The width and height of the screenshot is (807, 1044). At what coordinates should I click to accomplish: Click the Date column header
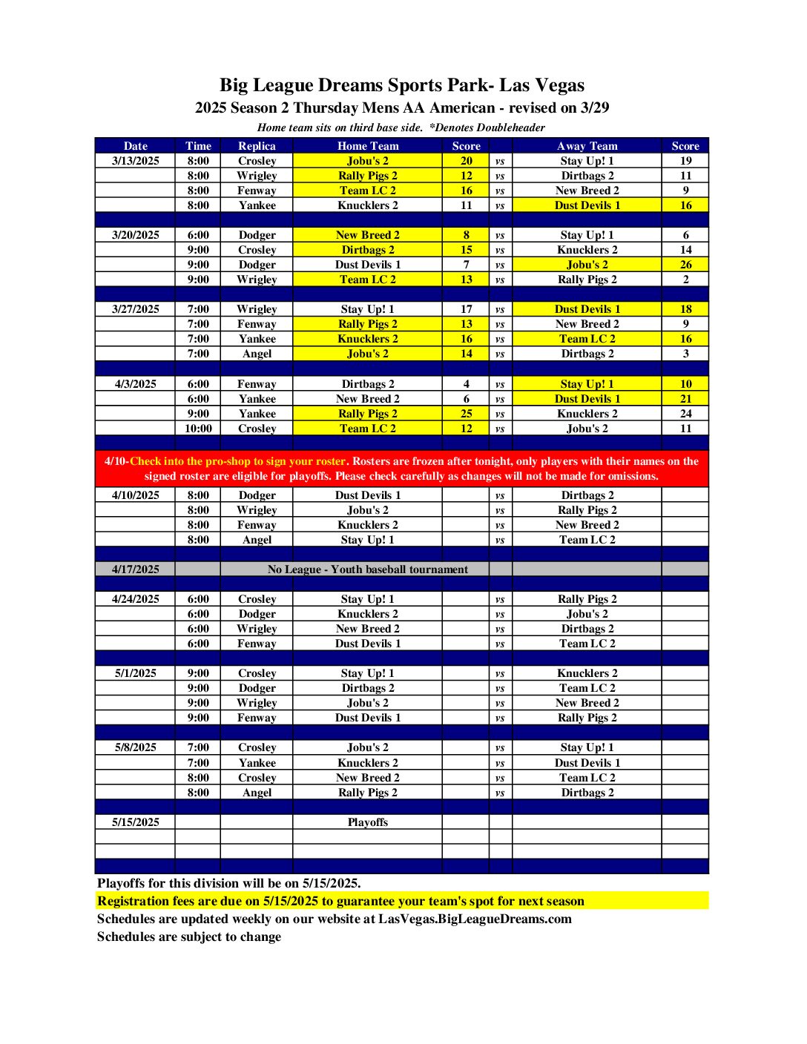tap(136, 146)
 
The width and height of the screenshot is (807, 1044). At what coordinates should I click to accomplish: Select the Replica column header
tap(257, 146)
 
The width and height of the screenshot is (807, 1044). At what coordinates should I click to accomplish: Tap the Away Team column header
tap(587, 146)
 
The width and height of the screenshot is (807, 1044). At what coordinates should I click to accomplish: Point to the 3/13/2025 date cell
tap(136, 161)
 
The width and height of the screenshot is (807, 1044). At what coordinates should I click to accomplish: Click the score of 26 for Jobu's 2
tap(685, 265)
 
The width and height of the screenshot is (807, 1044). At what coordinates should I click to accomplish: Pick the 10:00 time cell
tap(198, 429)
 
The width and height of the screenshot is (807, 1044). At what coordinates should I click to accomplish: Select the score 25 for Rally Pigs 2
tap(466, 414)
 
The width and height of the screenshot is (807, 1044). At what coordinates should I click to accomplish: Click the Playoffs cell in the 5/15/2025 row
tap(367, 822)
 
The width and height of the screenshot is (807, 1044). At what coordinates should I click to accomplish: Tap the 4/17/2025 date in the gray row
tap(136, 569)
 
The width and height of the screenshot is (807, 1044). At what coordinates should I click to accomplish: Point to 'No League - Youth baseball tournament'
tap(367, 569)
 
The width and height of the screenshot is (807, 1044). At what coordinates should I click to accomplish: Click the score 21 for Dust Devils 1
tap(685, 399)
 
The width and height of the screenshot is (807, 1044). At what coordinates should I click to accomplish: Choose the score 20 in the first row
tap(466, 161)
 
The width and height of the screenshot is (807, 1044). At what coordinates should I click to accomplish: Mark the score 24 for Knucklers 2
tap(685, 414)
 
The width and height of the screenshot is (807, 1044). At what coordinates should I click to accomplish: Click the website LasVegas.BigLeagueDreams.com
tap(475, 919)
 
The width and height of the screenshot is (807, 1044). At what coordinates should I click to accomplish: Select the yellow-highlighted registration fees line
tap(340, 901)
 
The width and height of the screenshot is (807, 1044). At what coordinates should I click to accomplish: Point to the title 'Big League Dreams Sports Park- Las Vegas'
tap(402, 85)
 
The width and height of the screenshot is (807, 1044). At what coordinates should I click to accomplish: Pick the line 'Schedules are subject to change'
tap(189, 936)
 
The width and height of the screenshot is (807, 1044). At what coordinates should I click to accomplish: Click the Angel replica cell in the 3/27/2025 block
tap(257, 354)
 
